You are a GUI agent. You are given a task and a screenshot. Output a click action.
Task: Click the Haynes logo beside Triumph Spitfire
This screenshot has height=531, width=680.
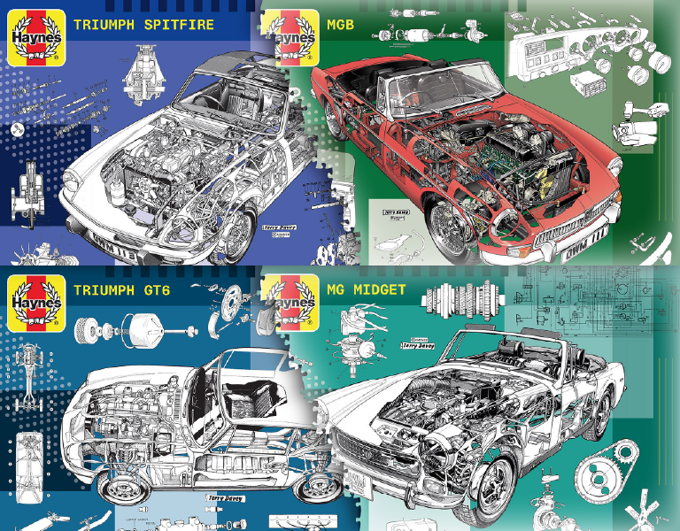pos(34,36)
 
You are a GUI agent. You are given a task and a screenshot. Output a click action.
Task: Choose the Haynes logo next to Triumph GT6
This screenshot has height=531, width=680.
pos(34,302)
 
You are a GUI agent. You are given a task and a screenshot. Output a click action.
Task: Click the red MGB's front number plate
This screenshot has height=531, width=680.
pos(585,250)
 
